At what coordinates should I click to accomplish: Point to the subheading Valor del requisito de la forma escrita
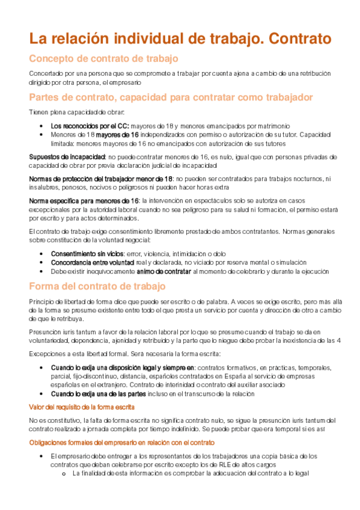[82, 407]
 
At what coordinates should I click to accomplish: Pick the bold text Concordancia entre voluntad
[93, 263]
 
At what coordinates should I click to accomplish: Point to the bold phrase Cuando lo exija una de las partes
[98, 394]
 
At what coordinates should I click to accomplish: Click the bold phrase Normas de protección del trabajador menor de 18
[101, 179]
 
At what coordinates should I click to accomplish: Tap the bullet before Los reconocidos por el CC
[40, 126]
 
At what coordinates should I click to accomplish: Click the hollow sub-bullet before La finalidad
[63, 473]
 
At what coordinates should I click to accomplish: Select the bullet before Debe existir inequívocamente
[40, 272]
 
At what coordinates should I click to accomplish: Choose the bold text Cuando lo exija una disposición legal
[123, 367]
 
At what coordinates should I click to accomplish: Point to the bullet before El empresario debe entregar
[40, 456]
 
